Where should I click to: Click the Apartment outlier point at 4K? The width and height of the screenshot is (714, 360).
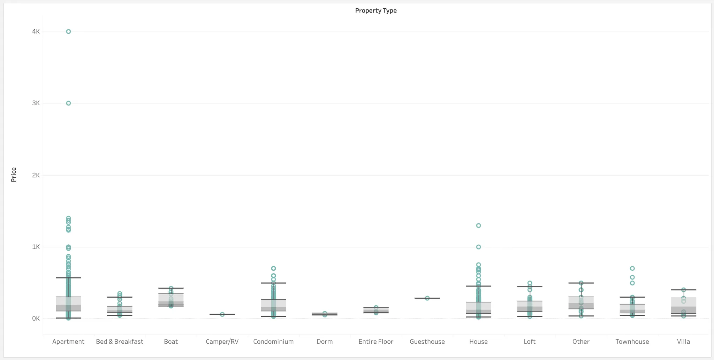point(68,32)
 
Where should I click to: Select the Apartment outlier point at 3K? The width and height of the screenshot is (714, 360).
point(68,103)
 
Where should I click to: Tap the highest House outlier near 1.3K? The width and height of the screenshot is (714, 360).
point(478,225)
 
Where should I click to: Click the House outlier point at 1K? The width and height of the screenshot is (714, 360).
point(478,247)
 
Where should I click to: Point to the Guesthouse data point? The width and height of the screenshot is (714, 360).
point(427,298)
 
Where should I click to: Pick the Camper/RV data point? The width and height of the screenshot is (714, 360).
point(222,314)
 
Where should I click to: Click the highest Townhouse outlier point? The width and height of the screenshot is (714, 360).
point(632,268)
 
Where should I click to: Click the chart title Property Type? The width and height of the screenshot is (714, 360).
point(376,10)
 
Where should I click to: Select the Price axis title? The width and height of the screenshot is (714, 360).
point(14,175)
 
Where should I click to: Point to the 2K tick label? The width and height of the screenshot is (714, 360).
point(36,175)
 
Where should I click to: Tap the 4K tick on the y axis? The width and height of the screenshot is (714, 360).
point(36,31)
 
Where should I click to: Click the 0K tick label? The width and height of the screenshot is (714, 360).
point(36,319)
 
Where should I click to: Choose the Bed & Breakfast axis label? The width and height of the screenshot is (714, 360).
point(120,342)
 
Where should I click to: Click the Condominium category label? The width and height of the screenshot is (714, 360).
point(273,342)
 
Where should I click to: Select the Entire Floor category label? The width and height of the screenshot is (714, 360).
point(376,342)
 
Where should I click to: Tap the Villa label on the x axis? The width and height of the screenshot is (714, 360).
point(683,342)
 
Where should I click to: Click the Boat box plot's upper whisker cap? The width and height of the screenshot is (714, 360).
point(171,288)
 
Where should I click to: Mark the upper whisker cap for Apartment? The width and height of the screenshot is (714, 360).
point(68,278)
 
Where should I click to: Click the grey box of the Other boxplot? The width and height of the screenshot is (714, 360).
point(581,303)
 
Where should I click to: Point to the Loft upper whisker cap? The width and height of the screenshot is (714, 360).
point(530,286)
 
